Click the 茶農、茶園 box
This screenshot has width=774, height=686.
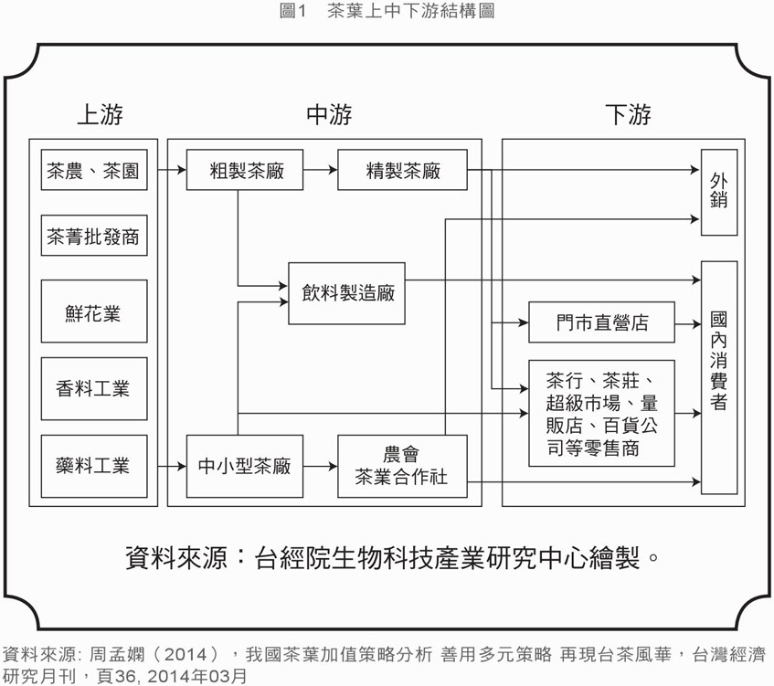point(93,171)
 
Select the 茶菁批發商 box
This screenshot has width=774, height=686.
point(93,237)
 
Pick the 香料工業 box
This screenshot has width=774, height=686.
point(93,389)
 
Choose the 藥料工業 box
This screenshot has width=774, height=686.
point(93,466)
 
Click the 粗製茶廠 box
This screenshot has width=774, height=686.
point(244,171)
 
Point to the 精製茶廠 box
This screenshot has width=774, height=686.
point(402,171)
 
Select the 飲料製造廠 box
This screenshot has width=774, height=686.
point(346,293)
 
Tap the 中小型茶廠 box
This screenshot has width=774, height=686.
point(244,466)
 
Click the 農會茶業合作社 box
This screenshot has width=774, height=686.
point(402,466)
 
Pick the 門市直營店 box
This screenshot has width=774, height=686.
point(601,322)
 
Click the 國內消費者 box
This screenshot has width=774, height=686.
point(718,377)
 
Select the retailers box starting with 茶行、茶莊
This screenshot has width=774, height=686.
point(601,413)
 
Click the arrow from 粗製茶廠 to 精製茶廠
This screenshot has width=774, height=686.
point(320,170)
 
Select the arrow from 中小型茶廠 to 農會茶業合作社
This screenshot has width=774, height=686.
point(320,466)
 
